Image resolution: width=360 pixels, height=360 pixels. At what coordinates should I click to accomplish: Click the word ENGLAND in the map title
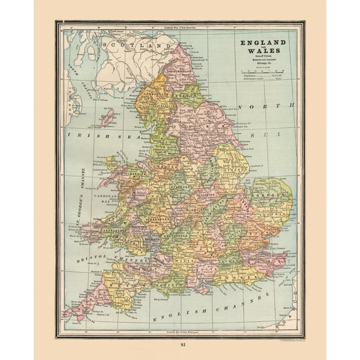pyautogui.click(x=259, y=42)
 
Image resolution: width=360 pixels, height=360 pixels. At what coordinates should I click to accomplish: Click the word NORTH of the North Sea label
pyautogui.click(x=257, y=106)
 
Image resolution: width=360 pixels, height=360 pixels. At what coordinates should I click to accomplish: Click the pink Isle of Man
pyautogui.click(x=107, y=117)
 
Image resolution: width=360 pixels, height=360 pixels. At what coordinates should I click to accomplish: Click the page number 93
pyautogui.click(x=180, y=345)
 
